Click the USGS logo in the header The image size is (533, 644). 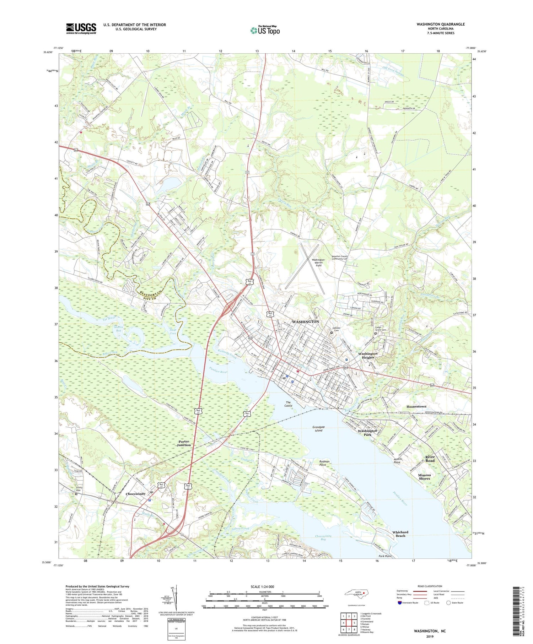point(81,28)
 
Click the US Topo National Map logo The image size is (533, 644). point(265,30)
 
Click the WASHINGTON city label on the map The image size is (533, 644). point(305,321)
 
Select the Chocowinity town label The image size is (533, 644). point(136,494)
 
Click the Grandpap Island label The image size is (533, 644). point(318,429)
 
